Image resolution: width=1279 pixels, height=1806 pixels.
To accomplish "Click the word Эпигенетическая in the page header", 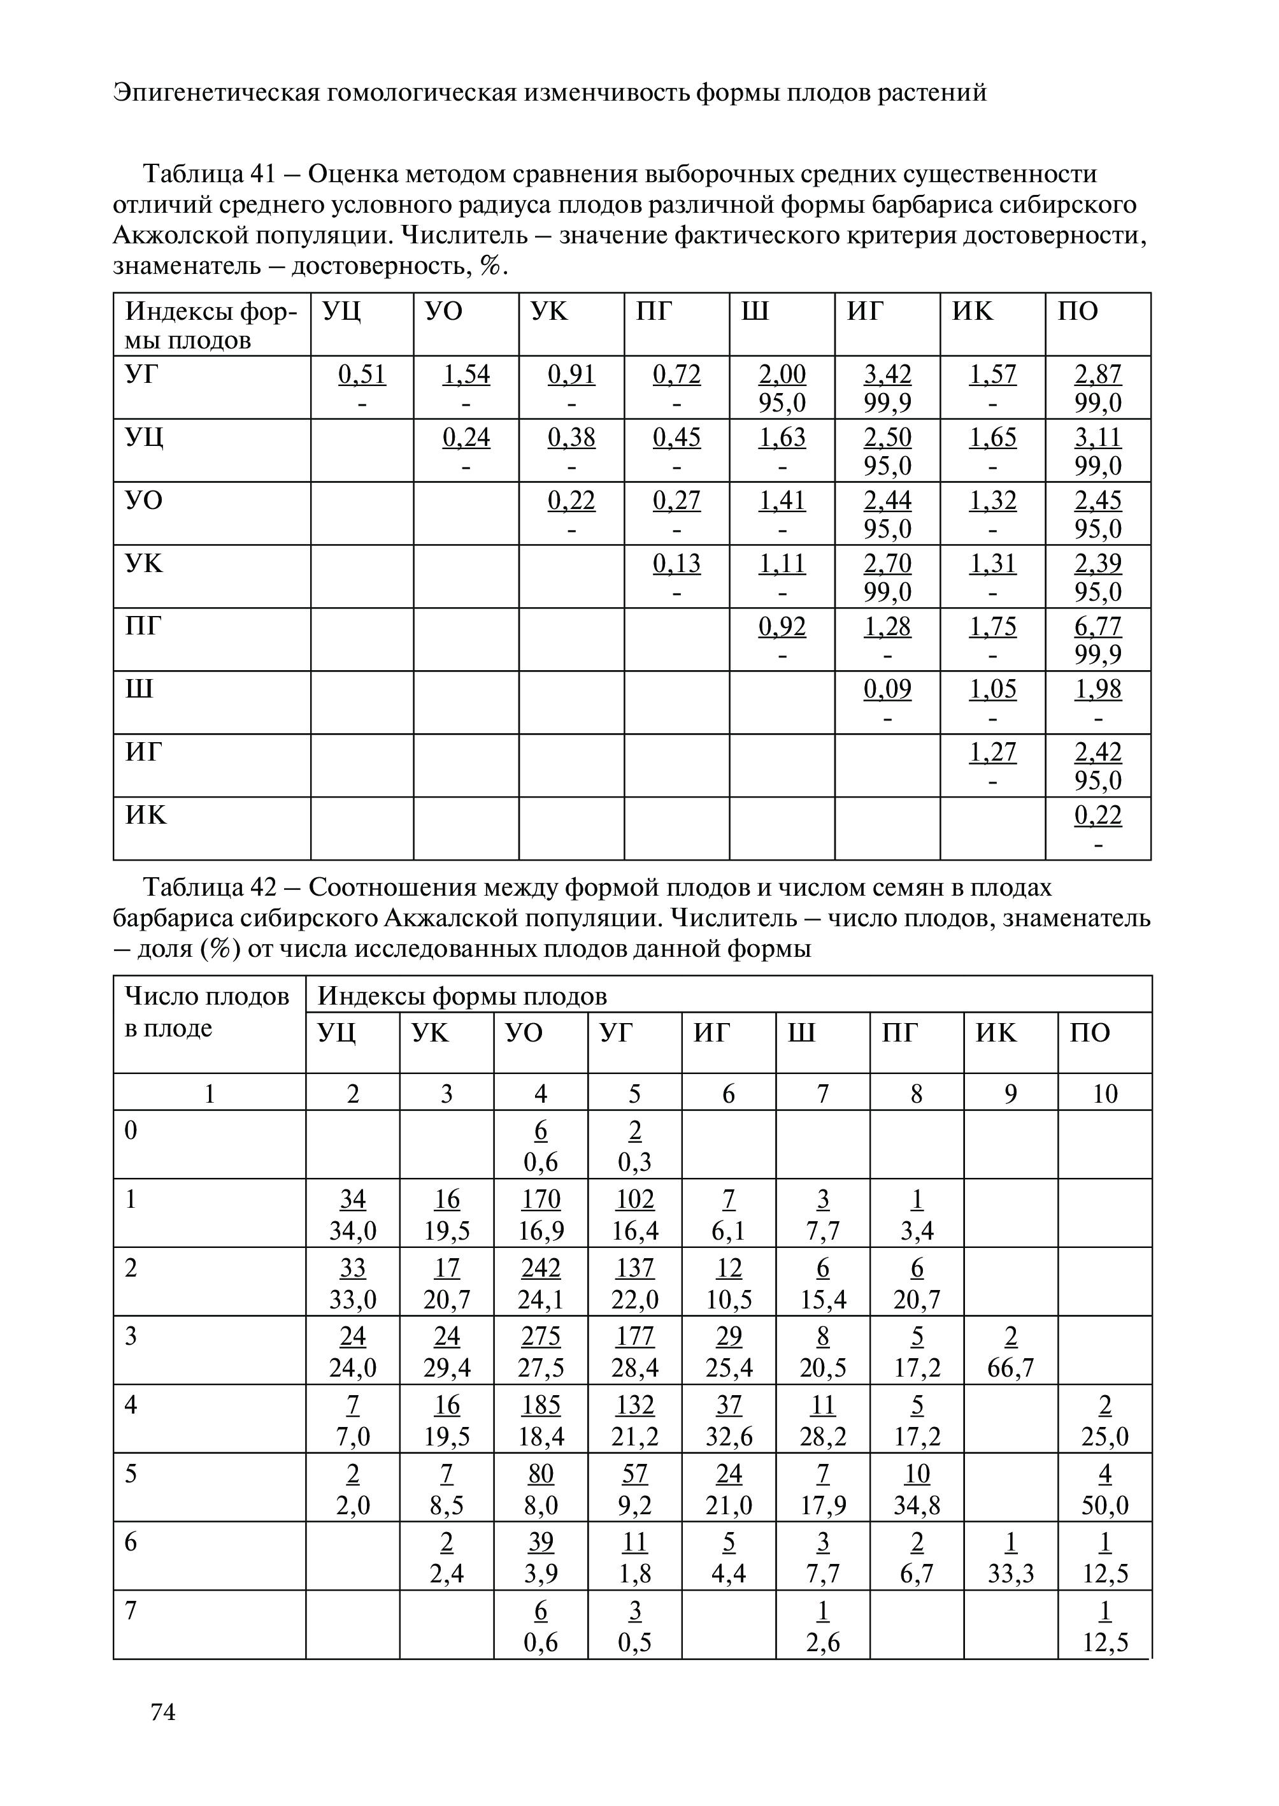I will [x=217, y=93].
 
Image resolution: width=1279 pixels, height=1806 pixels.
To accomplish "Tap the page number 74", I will [x=163, y=1712].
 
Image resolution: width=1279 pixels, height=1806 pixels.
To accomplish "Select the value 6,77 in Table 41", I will [x=1098, y=626].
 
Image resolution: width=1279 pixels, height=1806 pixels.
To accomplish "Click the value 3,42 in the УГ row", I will [x=887, y=374].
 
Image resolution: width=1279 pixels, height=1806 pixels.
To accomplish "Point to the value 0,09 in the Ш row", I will [x=887, y=689].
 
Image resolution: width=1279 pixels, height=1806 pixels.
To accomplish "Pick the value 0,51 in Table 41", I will [x=362, y=374].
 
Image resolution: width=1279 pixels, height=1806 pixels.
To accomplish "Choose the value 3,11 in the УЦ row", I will [x=1098, y=437].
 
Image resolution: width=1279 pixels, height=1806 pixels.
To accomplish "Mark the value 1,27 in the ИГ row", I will [x=992, y=752].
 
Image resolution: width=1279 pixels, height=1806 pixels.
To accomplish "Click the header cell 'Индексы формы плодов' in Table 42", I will [x=462, y=997].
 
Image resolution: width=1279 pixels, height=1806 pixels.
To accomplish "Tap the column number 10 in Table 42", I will [x=1105, y=1093].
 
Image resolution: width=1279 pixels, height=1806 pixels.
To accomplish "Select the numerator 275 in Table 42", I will [x=540, y=1337].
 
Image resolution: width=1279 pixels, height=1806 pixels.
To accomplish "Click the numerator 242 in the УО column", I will [x=540, y=1268].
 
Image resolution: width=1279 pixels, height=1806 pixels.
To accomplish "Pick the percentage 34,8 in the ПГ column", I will [x=917, y=1506].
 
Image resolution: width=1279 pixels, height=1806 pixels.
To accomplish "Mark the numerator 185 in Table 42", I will [x=540, y=1405].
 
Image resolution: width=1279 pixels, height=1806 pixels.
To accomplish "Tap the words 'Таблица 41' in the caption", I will [x=207, y=173].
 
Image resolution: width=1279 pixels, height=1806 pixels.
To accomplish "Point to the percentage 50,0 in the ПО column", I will [x=1105, y=1506].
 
